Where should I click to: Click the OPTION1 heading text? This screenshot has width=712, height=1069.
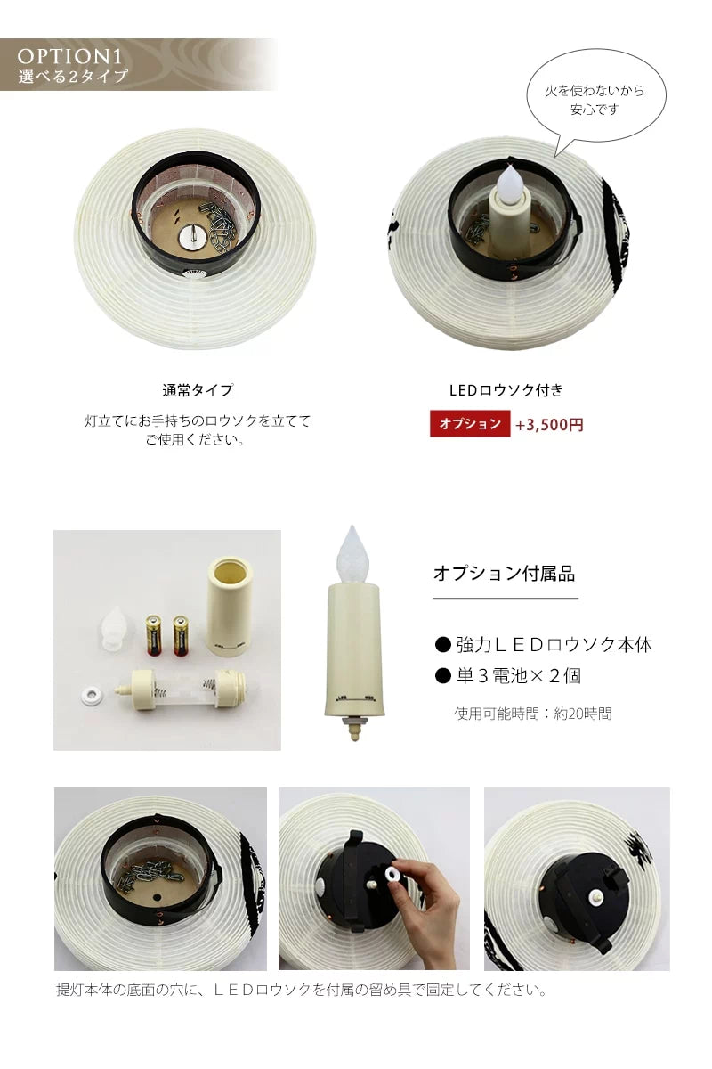click(70, 56)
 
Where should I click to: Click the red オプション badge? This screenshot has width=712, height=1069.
click(470, 424)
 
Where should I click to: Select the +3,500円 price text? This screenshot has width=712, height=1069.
click(549, 425)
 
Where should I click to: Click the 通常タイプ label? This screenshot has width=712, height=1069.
click(198, 390)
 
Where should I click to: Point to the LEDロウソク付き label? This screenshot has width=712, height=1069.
click(506, 390)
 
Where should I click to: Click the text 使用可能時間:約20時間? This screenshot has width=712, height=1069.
click(532, 713)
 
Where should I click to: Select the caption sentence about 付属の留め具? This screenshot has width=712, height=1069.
click(301, 990)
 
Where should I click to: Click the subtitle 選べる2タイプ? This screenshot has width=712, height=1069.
click(73, 77)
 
